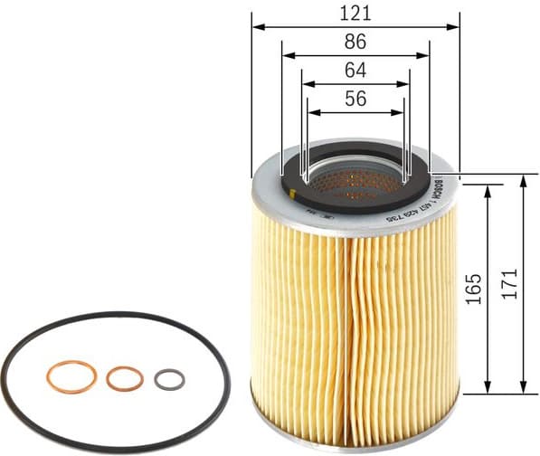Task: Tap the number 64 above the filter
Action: tap(356, 71)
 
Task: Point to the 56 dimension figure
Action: tap(356, 100)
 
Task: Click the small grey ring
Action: tap(169, 380)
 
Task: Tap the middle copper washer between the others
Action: tap(124, 378)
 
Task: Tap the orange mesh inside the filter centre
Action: tap(355, 183)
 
